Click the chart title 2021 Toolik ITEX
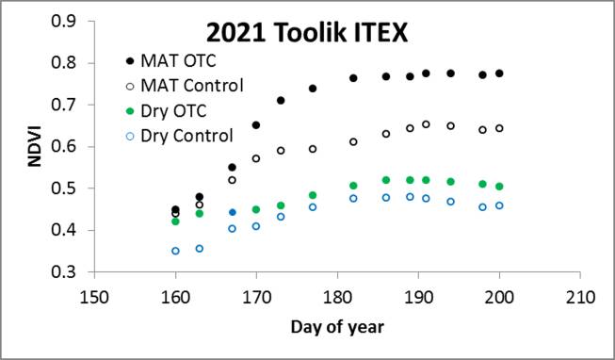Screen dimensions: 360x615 327,35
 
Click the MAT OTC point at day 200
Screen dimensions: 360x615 499,74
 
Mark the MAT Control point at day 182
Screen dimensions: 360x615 354,141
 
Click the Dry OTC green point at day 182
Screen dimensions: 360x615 354,186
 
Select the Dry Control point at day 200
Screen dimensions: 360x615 499,205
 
